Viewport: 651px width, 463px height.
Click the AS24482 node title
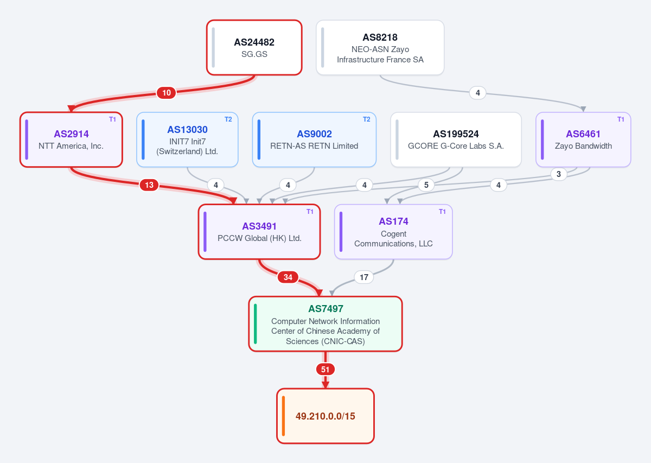click(254, 42)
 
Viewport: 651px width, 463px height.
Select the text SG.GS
click(254, 54)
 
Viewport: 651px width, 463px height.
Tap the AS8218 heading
click(380, 37)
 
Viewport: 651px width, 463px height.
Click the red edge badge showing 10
click(166, 93)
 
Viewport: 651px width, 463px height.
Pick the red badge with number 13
click(149, 185)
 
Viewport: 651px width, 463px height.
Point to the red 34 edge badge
click(288, 277)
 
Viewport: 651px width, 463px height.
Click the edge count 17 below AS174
click(364, 277)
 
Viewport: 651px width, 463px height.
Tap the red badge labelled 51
click(325, 369)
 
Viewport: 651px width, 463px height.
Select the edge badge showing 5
click(426, 185)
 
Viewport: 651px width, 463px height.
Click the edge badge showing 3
click(559, 174)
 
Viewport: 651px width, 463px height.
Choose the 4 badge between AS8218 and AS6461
click(477, 93)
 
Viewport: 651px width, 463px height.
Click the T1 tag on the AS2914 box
click(112, 119)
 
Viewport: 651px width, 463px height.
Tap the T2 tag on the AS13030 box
click(228, 119)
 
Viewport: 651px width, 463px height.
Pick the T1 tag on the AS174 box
click(442, 212)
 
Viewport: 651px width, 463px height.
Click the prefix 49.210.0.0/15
click(325, 416)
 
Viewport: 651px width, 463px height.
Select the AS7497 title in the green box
click(325, 308)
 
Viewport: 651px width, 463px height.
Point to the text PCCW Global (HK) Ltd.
click(259, 238)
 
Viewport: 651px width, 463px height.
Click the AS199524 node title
click(456, 134)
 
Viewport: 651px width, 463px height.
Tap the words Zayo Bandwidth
click(583, 145)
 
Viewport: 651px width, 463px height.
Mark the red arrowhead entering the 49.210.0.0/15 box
click(325, 385)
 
